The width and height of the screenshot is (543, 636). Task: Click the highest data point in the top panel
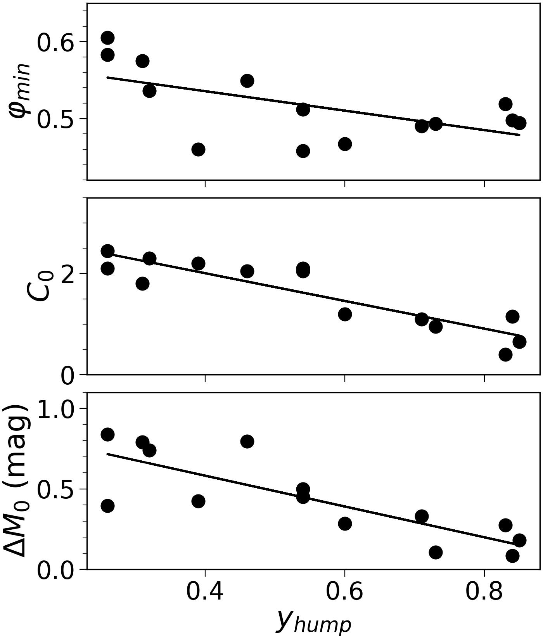pyautogui.click(x=107, y=38)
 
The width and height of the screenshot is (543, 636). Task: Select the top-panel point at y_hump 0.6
pyautogui.click(x=345, y=144)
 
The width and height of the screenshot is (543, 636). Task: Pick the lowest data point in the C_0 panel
pyautogui.click(x=505, y=354)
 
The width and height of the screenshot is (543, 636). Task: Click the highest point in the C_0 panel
pyautogui.click(x=107, y=251)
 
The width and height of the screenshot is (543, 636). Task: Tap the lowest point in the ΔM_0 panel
pyautogui.click(x=512, y=556)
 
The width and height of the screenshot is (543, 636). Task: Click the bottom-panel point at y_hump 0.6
pyautogui.click(x=345, y=524)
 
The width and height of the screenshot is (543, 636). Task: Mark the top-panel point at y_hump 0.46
pyautogui.click(x=247, y=81)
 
